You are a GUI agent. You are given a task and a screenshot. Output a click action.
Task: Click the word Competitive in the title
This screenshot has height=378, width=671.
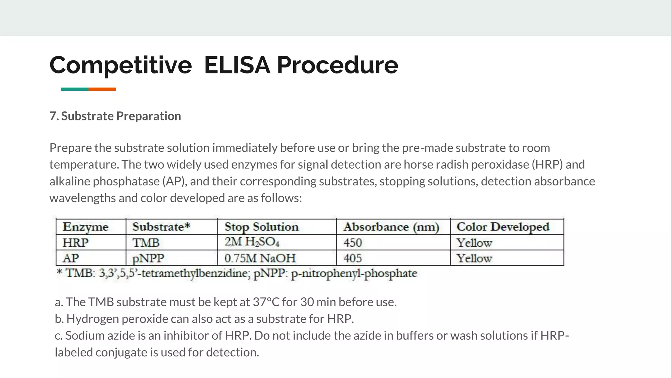[121, 65]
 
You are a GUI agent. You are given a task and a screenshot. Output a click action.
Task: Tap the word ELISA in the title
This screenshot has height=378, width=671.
[237, 65]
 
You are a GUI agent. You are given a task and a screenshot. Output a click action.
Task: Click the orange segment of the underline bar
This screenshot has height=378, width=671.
[102, 89]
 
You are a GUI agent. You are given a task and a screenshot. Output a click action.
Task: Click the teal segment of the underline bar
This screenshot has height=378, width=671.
[74, 89]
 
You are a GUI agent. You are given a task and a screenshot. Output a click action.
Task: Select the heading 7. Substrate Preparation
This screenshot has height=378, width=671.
[115, 116]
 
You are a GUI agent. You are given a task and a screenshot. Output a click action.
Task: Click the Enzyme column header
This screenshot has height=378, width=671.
[86, 227]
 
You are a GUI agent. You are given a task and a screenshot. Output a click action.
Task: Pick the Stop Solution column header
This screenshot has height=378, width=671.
[261, 227]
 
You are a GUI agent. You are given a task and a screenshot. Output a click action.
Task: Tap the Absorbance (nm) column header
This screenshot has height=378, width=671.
[391, 227]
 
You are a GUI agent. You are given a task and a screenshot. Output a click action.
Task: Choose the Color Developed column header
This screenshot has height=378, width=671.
[503, 227]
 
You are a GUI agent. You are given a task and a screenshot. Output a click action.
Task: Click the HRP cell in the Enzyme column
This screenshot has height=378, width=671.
[75, 243]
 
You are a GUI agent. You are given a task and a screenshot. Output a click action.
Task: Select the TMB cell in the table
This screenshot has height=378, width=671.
[146, 243]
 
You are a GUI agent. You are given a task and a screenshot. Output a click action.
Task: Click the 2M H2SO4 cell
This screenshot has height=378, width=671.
[252, 242]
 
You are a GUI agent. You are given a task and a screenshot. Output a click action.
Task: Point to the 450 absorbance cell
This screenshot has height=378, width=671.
[353, 243]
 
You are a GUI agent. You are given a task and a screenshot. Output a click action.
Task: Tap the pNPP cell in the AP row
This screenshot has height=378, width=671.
[148, 258]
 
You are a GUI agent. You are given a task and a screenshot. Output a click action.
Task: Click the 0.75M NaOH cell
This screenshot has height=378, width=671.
[260, 258]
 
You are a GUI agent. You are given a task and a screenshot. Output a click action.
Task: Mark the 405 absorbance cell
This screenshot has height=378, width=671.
[353, 258]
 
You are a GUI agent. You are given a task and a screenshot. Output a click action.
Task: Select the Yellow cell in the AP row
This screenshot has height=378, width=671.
[474, 258]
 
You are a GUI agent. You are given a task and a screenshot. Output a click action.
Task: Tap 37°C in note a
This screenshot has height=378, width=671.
[266, 302]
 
